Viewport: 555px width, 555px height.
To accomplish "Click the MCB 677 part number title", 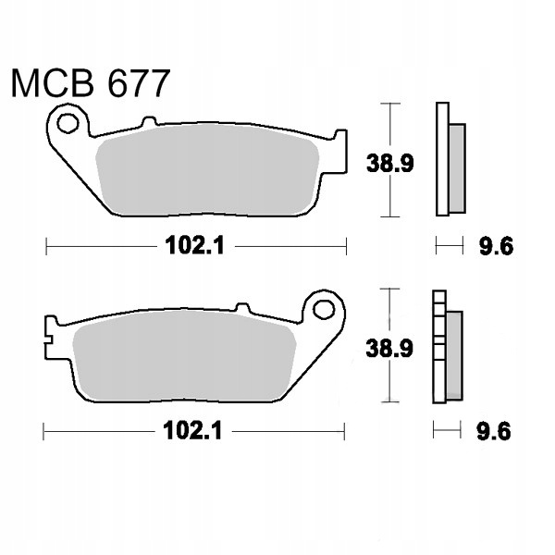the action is click(x=91, y=83).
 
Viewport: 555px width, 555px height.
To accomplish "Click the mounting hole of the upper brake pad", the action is click(x=68, y=123).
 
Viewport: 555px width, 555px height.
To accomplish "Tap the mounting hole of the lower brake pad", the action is click(x=324, y=310).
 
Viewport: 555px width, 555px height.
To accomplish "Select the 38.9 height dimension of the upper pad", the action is click(x=389, y=163).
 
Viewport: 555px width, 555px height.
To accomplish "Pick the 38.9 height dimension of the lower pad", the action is click(x=389, y=349).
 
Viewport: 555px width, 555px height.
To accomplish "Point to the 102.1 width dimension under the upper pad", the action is click(x=194, y=245).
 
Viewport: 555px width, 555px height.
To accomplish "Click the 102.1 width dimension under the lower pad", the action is click(x=192, y=431).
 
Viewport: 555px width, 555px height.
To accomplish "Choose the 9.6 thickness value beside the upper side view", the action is click(x=496, y=246).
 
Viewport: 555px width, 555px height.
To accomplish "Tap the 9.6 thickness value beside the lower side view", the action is click(x=494, y=431).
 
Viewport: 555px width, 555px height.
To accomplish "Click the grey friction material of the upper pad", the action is click(x=208, y=170).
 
